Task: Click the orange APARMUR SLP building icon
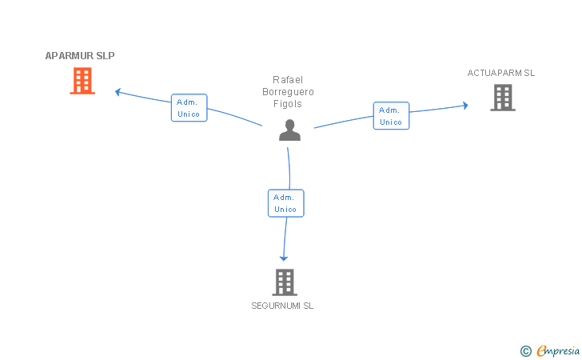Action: point(82,81)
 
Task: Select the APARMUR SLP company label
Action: point(80,56)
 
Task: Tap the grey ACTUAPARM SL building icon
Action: point(503,98)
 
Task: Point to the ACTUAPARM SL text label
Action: point(501,73)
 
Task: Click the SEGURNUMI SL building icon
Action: point(285,282)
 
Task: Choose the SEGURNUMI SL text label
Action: point(282,306)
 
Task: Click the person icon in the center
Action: point(290,130)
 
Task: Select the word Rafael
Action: point(288,80)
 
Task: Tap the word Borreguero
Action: point(288,92)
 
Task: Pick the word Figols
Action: point(288,104)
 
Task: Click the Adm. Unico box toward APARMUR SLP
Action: point(189,108)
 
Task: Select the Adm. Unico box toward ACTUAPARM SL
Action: point(391,115)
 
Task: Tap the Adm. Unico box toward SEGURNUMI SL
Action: point(286,203)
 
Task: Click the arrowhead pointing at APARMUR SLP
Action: point(118,92)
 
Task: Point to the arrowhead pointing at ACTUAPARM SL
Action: point(465,106)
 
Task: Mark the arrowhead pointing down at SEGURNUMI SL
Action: point(284,258)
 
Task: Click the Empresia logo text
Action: point(558,350)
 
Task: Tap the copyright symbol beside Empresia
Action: point(526,351)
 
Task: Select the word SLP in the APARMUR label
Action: point(106,56)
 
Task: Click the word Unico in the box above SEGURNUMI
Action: point(285,210)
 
